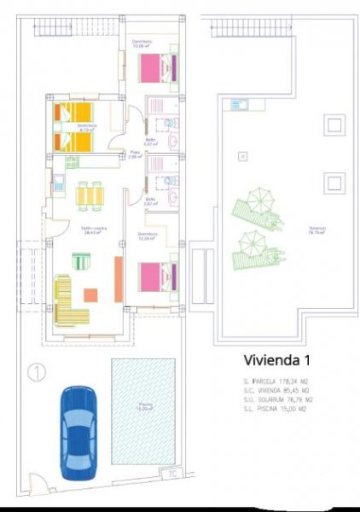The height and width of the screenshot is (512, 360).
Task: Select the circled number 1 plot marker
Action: pyautogui.click(x=36, y=372)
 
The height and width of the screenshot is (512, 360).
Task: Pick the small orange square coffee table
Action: pyautogui.click(x=90, y=294)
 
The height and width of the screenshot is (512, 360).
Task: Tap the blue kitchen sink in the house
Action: pyautogui.click(x=60, y=181)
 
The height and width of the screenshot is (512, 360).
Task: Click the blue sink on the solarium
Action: pyautogui.click(x=238, y=105)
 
